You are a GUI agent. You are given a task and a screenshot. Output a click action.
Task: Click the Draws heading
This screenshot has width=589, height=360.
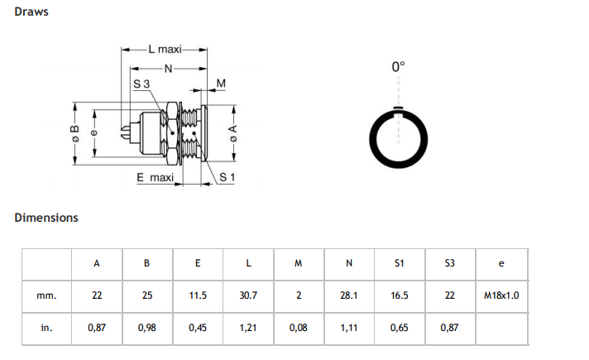tap(31, 13)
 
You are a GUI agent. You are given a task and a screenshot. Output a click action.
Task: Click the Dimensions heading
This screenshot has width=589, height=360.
tap(46, 218)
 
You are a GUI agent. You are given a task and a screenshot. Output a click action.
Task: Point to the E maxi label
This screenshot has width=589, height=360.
tap(155, 177)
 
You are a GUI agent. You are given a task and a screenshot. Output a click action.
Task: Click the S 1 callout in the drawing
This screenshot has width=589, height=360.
tap(227, 177)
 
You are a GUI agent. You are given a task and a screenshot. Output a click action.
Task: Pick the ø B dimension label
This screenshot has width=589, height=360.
tap(74, 132)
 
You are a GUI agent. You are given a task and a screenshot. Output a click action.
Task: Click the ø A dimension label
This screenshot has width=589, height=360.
tap(234, 132)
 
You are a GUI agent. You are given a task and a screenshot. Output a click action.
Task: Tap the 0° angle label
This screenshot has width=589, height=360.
tap(398, 67)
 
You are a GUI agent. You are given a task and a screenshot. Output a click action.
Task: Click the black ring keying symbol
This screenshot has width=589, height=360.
tap(398, 137)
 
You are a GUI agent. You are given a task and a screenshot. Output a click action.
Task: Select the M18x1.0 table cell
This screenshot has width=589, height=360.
tap(501, 295)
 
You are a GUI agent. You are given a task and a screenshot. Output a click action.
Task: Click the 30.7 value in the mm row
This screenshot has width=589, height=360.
tap(248, 295)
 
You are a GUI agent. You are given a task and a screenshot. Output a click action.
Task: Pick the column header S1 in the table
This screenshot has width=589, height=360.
tap(400, 264)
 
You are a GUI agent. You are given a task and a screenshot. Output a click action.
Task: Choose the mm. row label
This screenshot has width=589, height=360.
tap(47, 295)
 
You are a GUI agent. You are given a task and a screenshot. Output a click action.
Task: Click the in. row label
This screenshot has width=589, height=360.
tap(47, 328)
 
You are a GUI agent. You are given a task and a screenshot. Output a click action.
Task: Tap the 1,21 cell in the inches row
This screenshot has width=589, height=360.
tap(248, 328)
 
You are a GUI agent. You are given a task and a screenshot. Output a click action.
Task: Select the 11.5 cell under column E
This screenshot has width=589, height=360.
tap(198, 295)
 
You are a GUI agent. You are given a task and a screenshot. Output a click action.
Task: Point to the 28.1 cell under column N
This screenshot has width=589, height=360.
tap(349, 295)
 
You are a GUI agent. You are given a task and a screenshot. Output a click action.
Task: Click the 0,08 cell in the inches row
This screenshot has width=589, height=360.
tap(299, 328)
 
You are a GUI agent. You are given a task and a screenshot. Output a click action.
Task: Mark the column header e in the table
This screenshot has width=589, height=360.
tap(501, 264)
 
